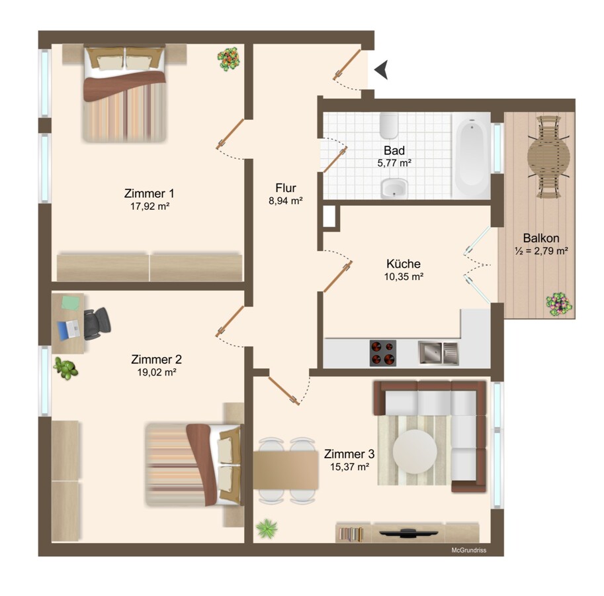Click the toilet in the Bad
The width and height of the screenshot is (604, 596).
[x=388, y=125]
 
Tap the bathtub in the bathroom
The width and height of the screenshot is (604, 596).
[x=471, y=156]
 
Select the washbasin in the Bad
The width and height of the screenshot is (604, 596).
[x=394, y=189]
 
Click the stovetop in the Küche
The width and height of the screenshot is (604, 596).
[x=383, y=353]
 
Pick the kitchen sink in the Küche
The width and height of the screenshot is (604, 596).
[x=439, y=353]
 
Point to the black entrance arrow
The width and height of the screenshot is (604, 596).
[x=380, y=70]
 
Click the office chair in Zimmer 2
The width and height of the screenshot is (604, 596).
[x=97, y=323]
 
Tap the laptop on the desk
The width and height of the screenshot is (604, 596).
[x=69, y=330]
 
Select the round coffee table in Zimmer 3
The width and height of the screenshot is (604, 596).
[x=415, y=451]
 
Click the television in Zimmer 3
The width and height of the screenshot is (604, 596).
[x=409, y=533]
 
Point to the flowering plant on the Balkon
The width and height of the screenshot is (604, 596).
[x=559, y=305]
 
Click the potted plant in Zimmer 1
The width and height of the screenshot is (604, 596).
[x=229, y=58]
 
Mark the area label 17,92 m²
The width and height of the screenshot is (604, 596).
[x=150, y=206]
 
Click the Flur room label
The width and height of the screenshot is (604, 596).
[x=286, y=188]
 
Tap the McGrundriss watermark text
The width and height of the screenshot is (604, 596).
[x=469, y=550]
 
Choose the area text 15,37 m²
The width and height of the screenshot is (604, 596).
[x=349, y=467]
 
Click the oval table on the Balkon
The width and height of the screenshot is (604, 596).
[x=548, y=156]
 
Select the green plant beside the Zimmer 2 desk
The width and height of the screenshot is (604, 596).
[x=65, y=368]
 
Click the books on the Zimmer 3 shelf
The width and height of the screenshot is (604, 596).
[x=351, y=534]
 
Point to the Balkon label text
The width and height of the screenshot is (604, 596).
[x=541, y=238]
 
